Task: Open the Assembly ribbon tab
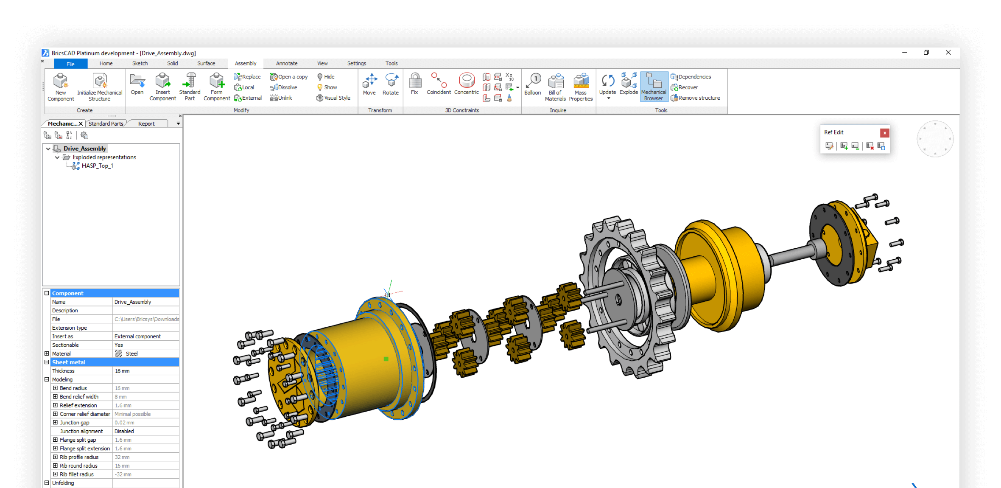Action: pos(245,64)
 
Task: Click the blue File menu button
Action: pos(70,64)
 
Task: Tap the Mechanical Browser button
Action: pos(653,87)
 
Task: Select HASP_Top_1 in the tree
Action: pos(97,166)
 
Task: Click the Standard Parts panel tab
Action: pos(106,124)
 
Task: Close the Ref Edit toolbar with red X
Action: pos(884,133)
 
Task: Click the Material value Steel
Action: pos(131,353)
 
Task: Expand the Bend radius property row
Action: pos(55,388)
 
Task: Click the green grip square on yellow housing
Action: pos(386,359)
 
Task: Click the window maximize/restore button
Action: pos(926,53)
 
